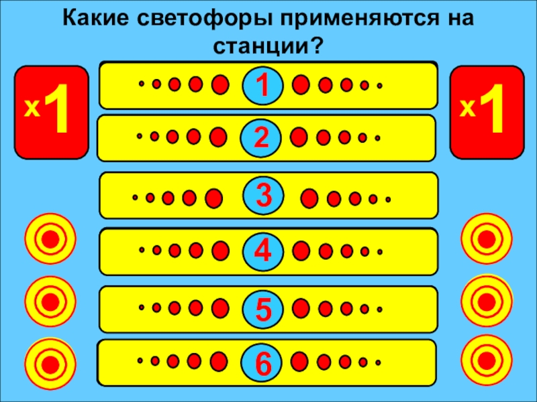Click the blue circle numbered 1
(263, 85)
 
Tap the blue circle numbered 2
(262, 137)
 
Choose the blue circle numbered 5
(263, 310)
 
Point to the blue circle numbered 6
(263, 362)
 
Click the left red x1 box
(52, 111)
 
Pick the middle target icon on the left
(50, 299)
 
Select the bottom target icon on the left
(50, 362)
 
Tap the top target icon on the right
(487, 239)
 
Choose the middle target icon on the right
(487, 301)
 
